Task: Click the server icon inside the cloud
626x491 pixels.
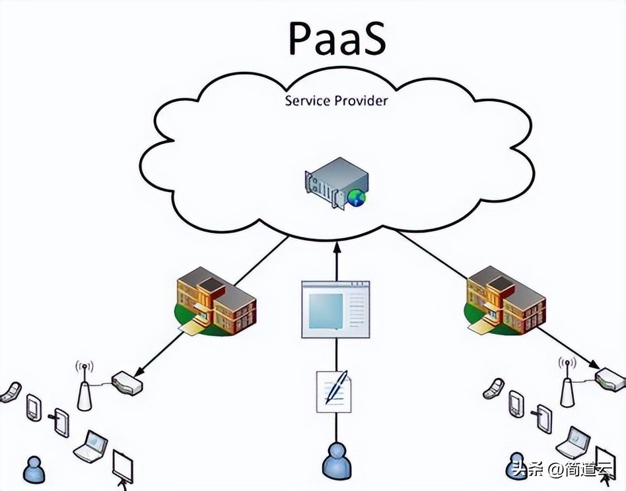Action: point(335,182)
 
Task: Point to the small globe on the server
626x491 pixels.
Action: point(357,197)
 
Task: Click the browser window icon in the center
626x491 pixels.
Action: point(335,309)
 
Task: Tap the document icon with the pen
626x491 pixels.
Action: point(334,390)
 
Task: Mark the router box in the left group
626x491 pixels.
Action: point(126,383)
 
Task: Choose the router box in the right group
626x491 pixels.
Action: point(609,379)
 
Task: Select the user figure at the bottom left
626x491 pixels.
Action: point(33,468)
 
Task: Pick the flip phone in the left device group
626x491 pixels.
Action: point(11,392)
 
